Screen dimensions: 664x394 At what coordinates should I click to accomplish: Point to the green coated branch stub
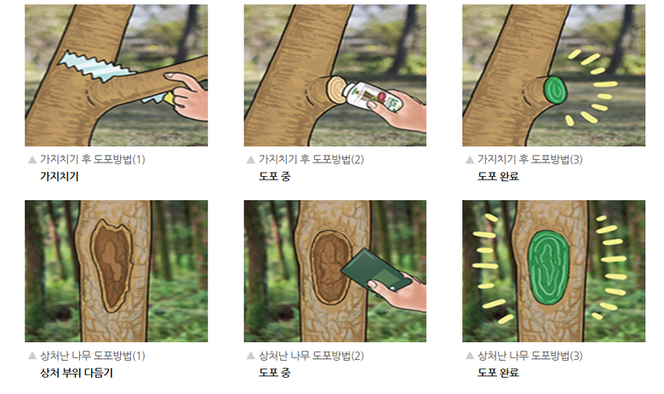pos(555,89)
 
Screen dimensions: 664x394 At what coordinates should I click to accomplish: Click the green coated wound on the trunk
pos(548,267)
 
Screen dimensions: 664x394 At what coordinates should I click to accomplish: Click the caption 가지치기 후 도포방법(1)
pos(92,159)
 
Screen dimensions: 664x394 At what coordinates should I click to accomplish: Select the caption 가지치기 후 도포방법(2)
pos(312,159)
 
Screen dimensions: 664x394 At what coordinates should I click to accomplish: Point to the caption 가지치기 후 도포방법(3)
pos(530,159)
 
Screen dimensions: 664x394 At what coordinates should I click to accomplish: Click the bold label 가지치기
pos(60,176)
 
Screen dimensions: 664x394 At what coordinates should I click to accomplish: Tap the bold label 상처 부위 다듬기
pos(77,373)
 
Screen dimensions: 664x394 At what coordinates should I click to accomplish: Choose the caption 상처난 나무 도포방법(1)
pos(92,356)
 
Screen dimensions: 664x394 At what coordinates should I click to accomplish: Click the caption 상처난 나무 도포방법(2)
pos(312,356)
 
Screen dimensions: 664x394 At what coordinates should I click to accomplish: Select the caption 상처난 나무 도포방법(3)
pos(530,356)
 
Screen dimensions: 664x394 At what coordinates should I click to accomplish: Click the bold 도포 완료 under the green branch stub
pos(498,176)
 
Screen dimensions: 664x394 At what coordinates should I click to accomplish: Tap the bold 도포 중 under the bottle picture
pos(274,176)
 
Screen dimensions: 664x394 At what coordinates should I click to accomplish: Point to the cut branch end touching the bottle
pos(335,89)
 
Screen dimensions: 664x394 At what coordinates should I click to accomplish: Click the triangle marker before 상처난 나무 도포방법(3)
pos(470,356)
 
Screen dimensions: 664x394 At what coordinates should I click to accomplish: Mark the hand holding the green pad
pos(400,293)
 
